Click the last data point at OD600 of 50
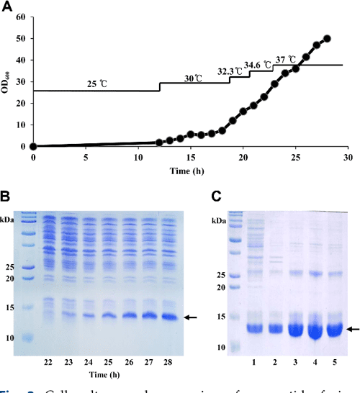click(x=327, y=39)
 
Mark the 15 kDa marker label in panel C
click(x=228, y=316)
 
